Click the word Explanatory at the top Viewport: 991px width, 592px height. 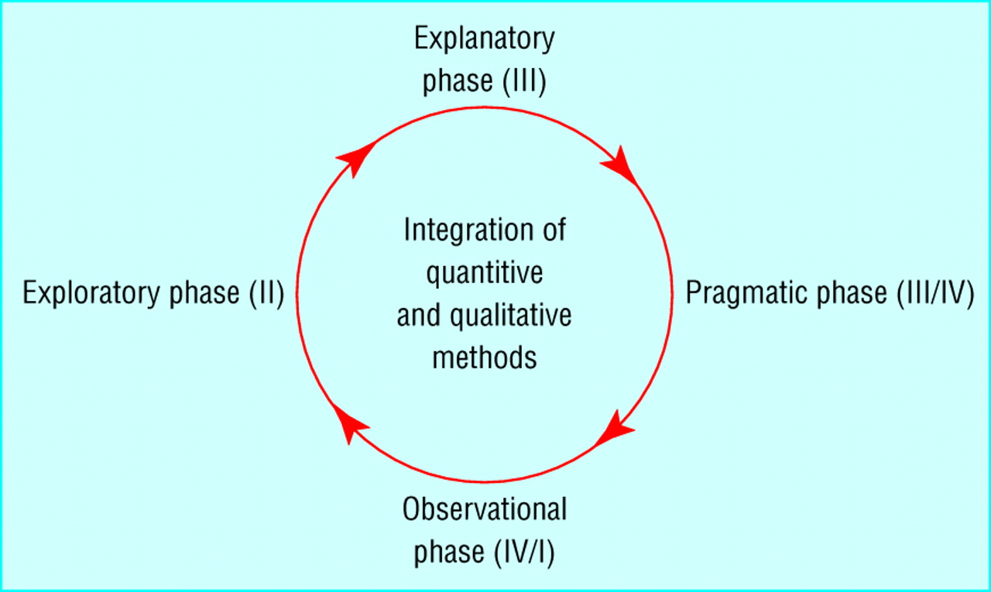[x=485, y=39]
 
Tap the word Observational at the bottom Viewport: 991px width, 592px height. [x=485, y=511]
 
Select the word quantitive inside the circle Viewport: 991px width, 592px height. [x=485, y=273]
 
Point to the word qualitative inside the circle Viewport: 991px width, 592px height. [x=511, y=316]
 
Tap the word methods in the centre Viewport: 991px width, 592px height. [x=485, y=358]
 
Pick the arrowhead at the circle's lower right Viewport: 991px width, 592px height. [x=617, y=429]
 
